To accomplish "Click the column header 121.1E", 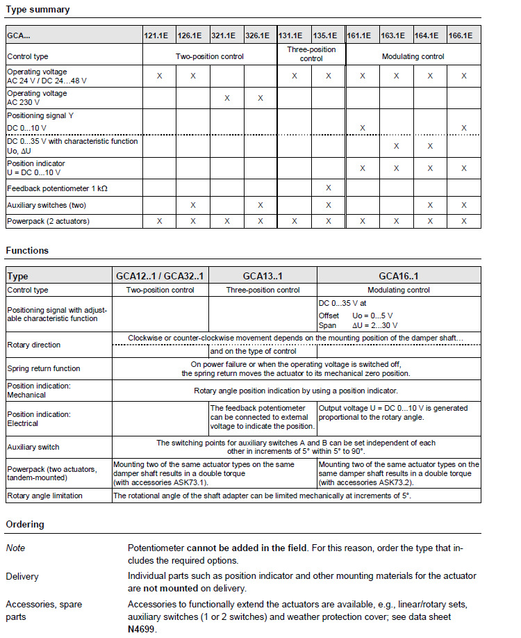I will (x=159, y=35).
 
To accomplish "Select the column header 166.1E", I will (x=464, y=35).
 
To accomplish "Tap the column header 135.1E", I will (x=329, y=35).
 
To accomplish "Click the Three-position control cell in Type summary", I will (x=311, y=54).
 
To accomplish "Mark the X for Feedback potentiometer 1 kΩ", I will (x=329, y=188).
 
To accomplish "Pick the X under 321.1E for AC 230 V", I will (x=227, y=98).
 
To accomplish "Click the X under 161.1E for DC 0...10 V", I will (x=363, y=128).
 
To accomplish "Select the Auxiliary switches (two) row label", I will (x=47, y=205).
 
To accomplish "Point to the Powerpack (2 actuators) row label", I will (x=48, y=221).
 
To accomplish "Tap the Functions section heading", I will (x=27, y=250).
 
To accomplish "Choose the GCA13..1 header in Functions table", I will (x=263, y=276).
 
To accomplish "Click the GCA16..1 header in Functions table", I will (x=398, y=276).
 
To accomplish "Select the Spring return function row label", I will (x=44, y=368).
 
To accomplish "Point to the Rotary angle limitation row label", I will (x=44, y=496).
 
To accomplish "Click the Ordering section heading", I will (x=25, y=524).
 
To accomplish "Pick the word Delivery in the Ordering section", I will (x=22, y=576).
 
